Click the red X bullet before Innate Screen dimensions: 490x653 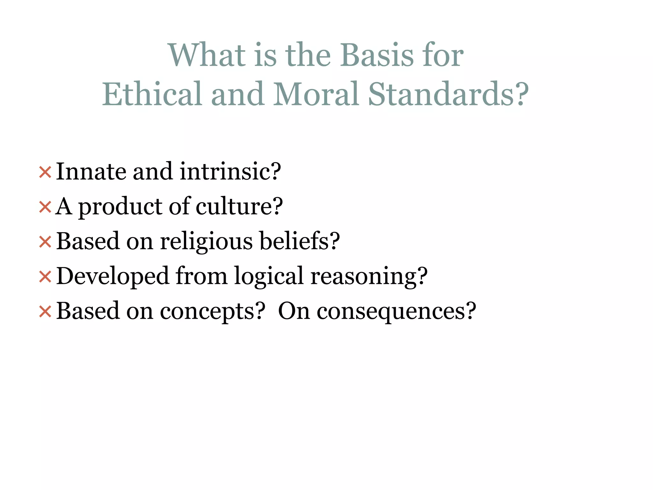(x=45, y=172)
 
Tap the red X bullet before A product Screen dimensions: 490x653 (x=45, y=207)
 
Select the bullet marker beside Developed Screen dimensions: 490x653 (x=45, y=277)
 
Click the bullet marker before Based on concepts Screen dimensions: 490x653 (x=45, y=311)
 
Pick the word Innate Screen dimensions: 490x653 (x=91, y=172)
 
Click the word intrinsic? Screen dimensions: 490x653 (x=230, y=172)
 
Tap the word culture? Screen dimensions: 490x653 (x=239, y=207)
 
